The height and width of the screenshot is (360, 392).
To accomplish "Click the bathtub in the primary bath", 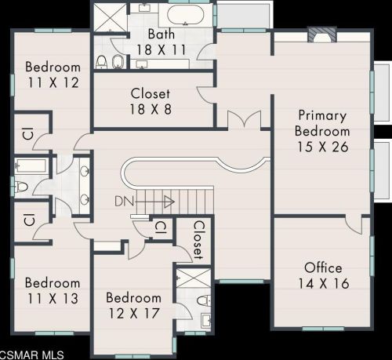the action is coord(185,15).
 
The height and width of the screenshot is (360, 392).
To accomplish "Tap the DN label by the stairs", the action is coord(124,202).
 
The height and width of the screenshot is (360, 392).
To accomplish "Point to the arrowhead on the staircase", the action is coord(169,202).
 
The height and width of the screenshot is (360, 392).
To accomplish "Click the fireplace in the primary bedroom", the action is coord(322,35).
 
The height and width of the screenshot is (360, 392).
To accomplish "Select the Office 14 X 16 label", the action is coord(324,276).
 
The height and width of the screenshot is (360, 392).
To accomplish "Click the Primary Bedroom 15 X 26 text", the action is coord(322,131).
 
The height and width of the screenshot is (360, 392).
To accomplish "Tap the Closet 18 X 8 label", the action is coord(151,101).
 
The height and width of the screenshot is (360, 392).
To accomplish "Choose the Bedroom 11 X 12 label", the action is coord(53,75).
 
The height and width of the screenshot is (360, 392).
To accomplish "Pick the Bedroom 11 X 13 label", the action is coord(53,291).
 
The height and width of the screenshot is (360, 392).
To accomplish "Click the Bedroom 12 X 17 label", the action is coord(133,306).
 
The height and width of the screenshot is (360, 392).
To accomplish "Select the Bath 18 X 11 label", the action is coord(162,42).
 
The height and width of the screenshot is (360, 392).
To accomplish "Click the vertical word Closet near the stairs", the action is coord(198,240).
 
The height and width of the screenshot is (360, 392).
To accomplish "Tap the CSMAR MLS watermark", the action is coord(32,355).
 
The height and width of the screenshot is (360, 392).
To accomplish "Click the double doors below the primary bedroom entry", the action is coord(245,120).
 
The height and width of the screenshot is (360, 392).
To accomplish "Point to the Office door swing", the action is coord(354,224).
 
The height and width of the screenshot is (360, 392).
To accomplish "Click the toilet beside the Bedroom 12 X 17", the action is coord(204,300).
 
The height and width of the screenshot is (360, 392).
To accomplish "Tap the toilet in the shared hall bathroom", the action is coord(22,187).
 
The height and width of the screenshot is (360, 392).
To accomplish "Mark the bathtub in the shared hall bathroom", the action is coord(31,166).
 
